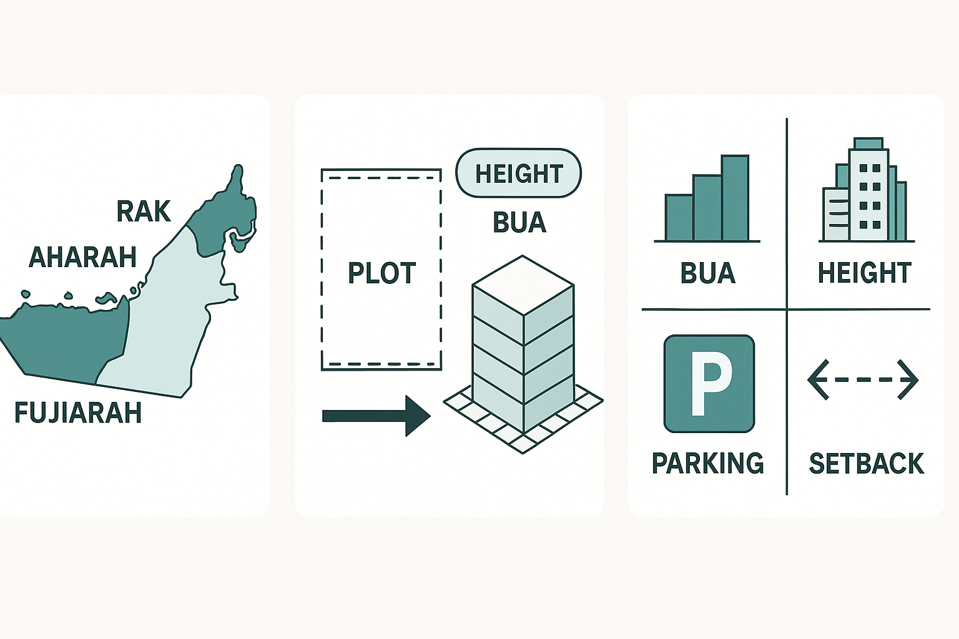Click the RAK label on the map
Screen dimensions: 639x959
pyautogui.click(x=144, y=211)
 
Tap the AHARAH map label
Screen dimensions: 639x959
pyautogui.click(x=83, y=257)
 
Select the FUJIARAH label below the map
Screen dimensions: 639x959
pyautogui.click(x=78, y=413)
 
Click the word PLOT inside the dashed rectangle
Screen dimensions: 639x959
pyautogui.click(x=381, y=273)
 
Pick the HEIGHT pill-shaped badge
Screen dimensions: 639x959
pyautogui.click(x=519, y=173)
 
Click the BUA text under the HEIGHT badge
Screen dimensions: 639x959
pyautogui.click(x=519, y=223)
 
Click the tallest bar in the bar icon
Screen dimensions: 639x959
pyautogui.click(x=735, y=198)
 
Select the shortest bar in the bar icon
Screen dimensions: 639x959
pyautogui.click(x=679, y=218)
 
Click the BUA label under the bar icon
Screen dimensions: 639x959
pyautogui.click(x=708, y=273)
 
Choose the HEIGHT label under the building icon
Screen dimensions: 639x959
pyautogui.click(x=865, y=273)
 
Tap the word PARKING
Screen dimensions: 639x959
pyautogui.click(x=708, y=463)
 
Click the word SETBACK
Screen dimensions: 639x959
pyautogui.click(x=866, y=463)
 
